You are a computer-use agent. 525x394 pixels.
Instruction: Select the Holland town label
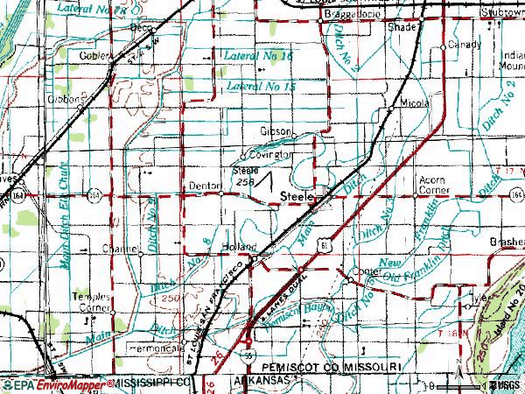click(x=238, y=248)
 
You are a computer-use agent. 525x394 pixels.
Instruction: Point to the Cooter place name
click(x=367, y=272)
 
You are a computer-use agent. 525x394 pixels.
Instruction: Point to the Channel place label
click(x=122, y=249)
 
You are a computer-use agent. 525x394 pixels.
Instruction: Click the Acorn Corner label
click(x=427, y=185)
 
